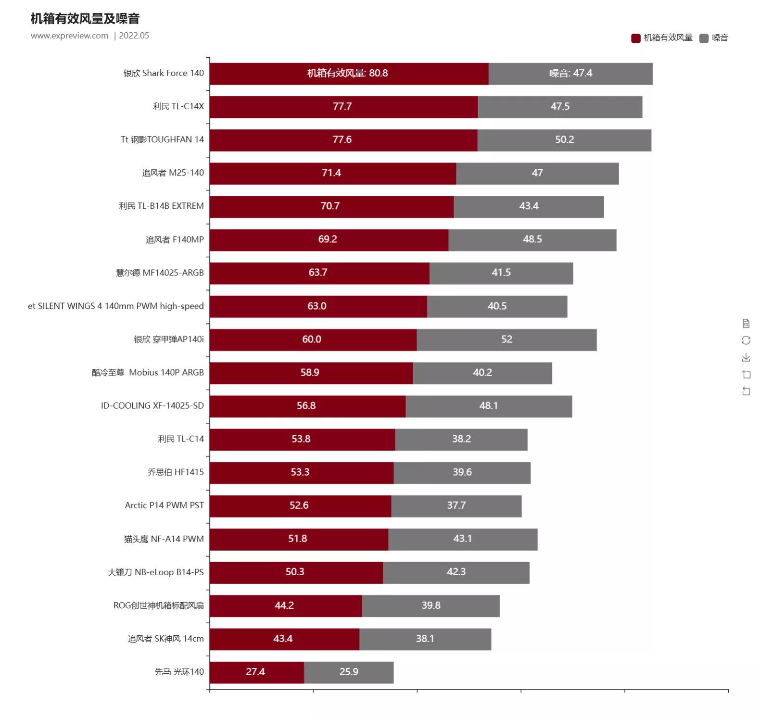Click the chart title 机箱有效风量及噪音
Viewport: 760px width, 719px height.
tap(85, 19)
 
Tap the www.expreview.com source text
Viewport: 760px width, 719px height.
tap(70, 36)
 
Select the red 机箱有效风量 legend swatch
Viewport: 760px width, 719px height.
tap(635, 38)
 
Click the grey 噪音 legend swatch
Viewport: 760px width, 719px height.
tap(704, 38)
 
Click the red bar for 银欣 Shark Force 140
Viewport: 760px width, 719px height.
tap(349, 74)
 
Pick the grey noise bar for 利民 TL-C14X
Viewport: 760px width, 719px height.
tap(560, 107)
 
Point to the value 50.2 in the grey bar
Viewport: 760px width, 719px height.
tap(565, 140)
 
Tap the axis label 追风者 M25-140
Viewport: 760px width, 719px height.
tap(173, 173)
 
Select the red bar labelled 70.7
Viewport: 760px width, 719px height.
tap(331, 207)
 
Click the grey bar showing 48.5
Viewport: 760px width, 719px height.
tap(532, 240)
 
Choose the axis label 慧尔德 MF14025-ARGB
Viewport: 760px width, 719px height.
tap(160, 273)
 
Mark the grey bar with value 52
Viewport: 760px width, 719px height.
tap(507, 340)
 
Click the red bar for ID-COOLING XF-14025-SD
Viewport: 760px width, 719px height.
tap(307, 406)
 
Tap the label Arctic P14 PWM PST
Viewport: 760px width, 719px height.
tap(164, 505)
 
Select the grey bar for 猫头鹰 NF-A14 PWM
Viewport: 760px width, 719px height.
tap(463, 539)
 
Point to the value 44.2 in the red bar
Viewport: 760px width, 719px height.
tap(284, 605)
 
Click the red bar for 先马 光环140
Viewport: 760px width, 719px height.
tap(256, 672)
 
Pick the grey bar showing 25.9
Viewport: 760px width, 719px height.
tap(349, 672)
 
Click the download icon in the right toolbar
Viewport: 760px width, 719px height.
tap(746, 357)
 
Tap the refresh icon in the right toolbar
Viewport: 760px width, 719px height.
tap(746, 341)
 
